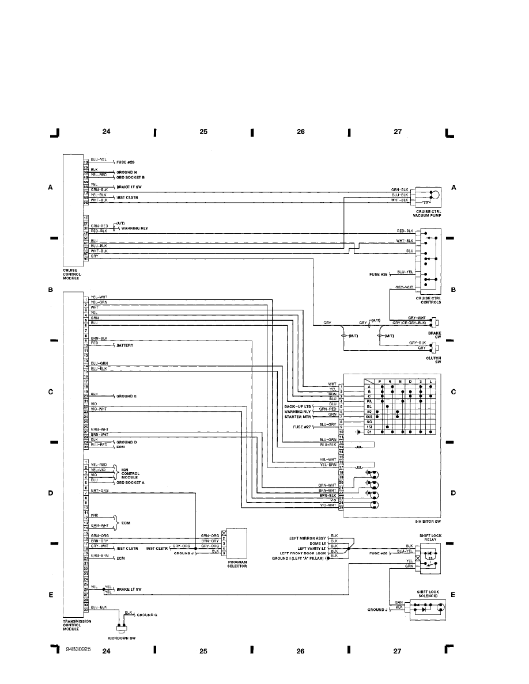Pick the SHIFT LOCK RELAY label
point(427,537)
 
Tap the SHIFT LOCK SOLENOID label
point(427,593)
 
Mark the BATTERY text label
point(125,345)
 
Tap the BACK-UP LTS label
point(297,406)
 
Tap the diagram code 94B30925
point(78,649)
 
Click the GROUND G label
point(147,615)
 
